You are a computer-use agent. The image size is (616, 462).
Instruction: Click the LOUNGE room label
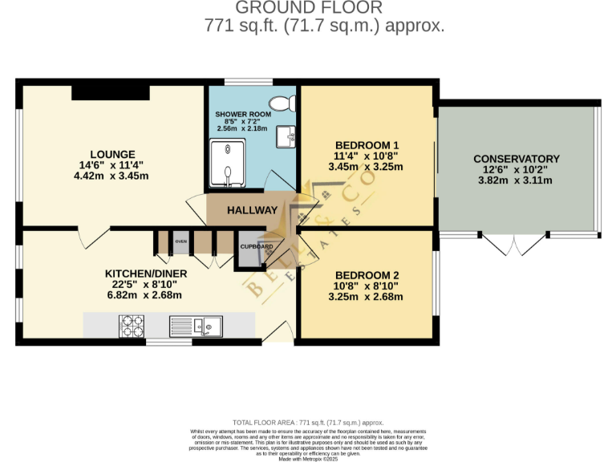(x=112, y=154)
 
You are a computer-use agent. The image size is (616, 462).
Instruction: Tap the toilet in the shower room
(x=281, y=103)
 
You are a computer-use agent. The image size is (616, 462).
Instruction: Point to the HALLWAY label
(x=252, y=210)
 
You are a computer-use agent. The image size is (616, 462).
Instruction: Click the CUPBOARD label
(x=257, y=246)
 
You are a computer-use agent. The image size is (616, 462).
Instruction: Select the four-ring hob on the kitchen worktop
(x=132, y=326)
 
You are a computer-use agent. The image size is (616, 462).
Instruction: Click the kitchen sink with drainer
(x=196, y=326)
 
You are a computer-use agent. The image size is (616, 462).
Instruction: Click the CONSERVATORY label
(x=516, y=159)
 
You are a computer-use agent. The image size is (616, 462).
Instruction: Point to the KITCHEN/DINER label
(x=146, y=274)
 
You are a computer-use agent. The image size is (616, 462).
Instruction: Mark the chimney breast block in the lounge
(x=110, y=91)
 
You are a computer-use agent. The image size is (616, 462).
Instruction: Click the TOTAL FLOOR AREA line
(x=307, y=422)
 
